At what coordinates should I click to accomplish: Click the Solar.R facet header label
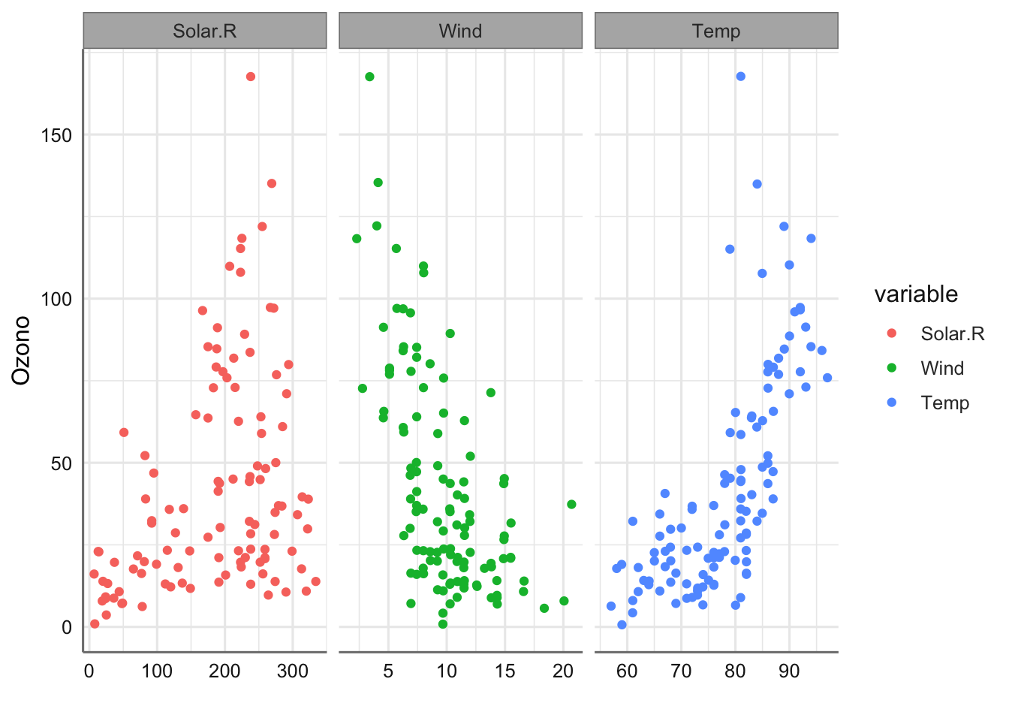(204, 31)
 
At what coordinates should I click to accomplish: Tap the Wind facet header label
(460, 31)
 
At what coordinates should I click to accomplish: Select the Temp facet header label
(716, 31)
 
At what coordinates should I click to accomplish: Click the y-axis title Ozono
(22, 350)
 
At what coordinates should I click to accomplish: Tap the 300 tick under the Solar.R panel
(292, 671)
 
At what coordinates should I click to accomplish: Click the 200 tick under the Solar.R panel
(224, 671)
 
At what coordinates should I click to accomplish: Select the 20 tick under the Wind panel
(563, 671)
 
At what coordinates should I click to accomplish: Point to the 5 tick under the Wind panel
(388, 671)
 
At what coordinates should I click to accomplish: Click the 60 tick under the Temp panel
(627, 671)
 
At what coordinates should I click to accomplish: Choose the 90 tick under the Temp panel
(789, 671)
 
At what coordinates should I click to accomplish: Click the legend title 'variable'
(916, 294)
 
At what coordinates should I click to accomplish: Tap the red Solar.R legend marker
(891, 333)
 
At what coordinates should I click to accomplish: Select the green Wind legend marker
(891, 368)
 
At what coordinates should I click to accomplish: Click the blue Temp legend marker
(891, 403)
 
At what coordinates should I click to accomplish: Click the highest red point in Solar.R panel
(251, 77)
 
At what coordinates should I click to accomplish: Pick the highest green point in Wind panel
(369, 77)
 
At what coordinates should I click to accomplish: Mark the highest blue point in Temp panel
(741, 77)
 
